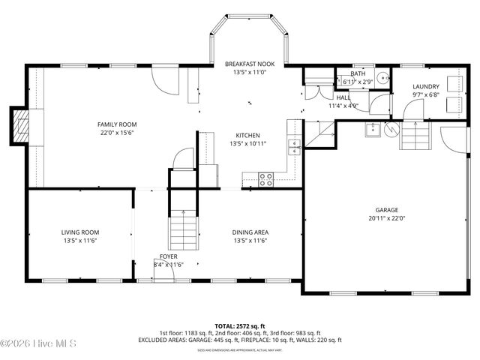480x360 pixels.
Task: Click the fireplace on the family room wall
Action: [x=22, y=127]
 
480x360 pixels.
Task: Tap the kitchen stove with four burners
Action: [x=265, y=178]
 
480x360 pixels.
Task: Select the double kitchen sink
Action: [x=295, y=146]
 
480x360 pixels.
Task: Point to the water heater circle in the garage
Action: [x=390, y=130]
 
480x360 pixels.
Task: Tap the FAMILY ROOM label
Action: [x=117, y=124]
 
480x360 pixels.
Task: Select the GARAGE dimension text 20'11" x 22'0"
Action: [x=387, y=218]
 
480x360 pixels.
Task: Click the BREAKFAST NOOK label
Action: [x=250, y=64]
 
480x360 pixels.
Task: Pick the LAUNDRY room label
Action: [x=425, y=86]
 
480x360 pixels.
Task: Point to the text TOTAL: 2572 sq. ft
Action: [x=240, y=325]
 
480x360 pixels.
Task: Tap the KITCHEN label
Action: [x=248, y=135]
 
